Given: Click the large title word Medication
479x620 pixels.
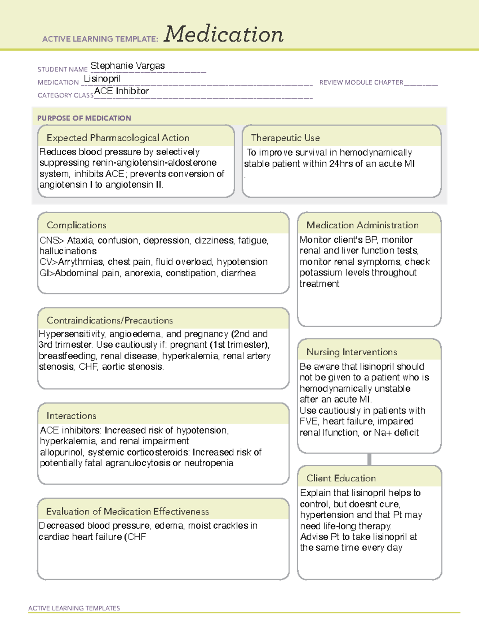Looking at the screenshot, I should [x=224, y=34].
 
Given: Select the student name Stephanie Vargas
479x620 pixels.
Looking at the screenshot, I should [x=128, y=66].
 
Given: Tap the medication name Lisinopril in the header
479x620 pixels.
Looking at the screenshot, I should [x=102, y=79].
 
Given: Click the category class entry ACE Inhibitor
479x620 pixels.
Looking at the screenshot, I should [x=121, y=91].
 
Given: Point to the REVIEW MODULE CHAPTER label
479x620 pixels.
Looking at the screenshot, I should [x=361, y=83].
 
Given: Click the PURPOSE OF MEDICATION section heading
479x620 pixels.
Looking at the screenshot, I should [x=84, y=118].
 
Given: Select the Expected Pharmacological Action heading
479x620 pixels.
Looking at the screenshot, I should [x=118, y=138].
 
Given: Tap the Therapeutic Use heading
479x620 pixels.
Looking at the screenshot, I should [x=285, y=138].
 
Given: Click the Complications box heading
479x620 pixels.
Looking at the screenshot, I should [x=77, y=225].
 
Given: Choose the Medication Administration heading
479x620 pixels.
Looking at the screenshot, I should [x=362, y=225].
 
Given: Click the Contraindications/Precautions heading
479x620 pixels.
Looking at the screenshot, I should [x=110, y=321].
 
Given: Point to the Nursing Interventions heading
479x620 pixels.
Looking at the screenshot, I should [x=352, y=352].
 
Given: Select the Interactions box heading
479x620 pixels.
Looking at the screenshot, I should [x=71, y=416].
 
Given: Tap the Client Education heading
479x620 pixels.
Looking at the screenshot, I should [x=341, y=478].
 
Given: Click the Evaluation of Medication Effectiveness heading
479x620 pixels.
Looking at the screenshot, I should [x=127, y=511].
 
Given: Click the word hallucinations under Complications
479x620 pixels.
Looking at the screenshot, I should [x=68, y=251].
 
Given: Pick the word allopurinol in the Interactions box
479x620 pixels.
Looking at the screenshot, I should [x=62, y=452].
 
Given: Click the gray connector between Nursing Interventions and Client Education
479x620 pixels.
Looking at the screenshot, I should [x=369, y=460].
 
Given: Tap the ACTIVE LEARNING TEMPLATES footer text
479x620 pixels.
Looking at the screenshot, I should [x=74, y=608].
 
